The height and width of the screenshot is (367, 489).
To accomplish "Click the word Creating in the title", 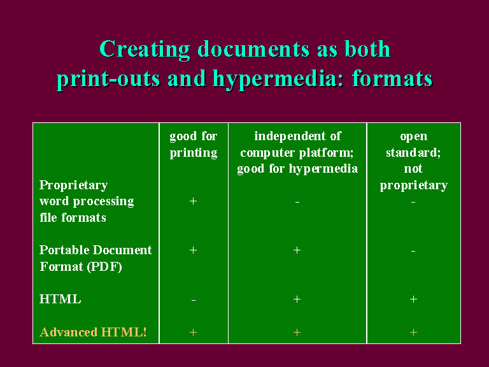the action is pyautogui.click(x=145, y=50).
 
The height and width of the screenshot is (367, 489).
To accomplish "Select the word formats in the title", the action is pyautogui.click(x=392, y=78).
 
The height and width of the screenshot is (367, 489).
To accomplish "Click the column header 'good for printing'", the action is pyautogui.click(x=194, y=145).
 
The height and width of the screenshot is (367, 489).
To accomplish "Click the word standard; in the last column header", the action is pyautogui.click(x=413, y=153).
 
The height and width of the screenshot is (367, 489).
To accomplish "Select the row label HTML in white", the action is pyautogui.click(x=60, y=299).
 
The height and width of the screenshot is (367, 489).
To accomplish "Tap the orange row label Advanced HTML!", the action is pyautogui.click(x=93, y=332).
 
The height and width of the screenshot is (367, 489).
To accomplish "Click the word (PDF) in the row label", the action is pyautogui.click(x=104, y=267).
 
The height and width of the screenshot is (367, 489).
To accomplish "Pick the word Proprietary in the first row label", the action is pyautogui.click(x=74, y=185).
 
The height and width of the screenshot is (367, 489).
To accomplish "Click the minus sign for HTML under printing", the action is pyautogui.click(x=194, y=300).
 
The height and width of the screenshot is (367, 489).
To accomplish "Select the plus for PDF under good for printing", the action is pyautogui.click(x=193, y=250).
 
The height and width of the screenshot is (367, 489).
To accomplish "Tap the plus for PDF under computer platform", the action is pyautogui.click(x=297, y=250).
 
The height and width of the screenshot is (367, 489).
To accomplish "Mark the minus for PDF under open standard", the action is pyautogui.click(x=413, y=251).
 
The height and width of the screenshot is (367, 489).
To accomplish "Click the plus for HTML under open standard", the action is pyautogui.click(x=413, y=299).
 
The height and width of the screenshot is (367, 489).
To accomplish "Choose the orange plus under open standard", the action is pyautogui.click(x=413, y=333).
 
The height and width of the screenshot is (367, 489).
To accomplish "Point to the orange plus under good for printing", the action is pyautogui.click(x=193, y=333).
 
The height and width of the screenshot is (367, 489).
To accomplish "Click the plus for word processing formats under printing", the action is pyautogui.click(x=193, y=201).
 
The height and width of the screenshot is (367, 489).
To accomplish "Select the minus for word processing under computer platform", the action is pyautogui.click(x=297, y=202).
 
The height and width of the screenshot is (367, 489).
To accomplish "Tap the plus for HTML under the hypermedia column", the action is pyautogui.click(x=297, y=299).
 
